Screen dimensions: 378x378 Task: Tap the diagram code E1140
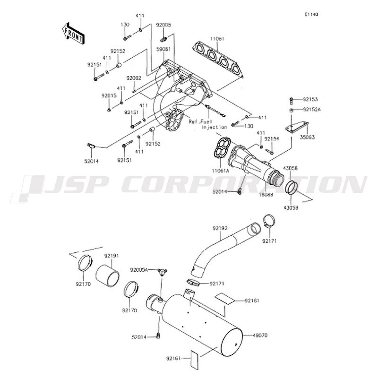point(311,15)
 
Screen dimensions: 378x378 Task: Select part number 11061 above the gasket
point(217,39)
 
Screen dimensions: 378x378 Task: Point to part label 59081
point(163,49)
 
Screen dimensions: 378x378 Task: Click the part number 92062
point(134,78)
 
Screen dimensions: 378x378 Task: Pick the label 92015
point(109,96)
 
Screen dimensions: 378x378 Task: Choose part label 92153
point(310,99)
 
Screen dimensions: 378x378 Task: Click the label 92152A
point(312,110)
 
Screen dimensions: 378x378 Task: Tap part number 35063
point(308,137)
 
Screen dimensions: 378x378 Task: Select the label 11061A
point(221,171)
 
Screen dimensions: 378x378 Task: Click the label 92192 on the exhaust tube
point(220,228)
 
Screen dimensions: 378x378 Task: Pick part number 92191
point(112,256)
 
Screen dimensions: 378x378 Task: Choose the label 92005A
point(139,269)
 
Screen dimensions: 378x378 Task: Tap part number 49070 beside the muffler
point(260,335)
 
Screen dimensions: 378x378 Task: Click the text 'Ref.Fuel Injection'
point(208,124)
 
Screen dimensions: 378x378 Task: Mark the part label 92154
point(271,139)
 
